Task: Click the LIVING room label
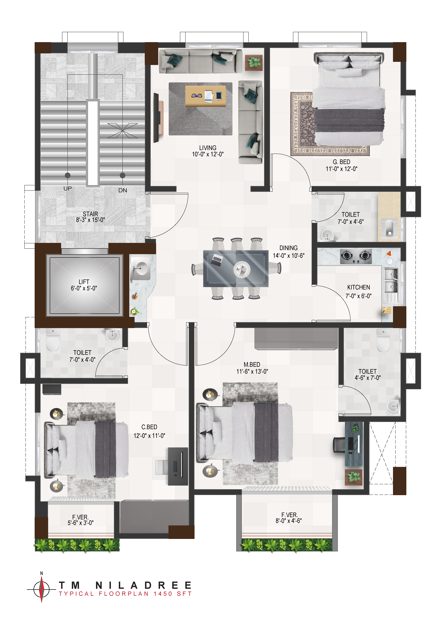[x=208, y=148]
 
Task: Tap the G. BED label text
[x=342, y=162]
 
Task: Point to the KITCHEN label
[x=358, y=287]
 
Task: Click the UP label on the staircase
[x=68, y=188]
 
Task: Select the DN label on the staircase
[x=123, y=190]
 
